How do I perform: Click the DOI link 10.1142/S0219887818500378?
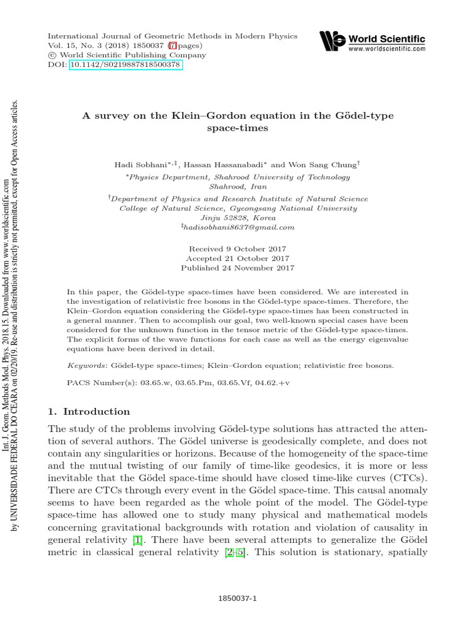point(126,64)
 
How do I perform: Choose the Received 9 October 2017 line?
point(237,249)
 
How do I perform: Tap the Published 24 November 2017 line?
point(237,268)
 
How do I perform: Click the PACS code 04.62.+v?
point(293,382)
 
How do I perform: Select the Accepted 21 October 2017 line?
point(237,259)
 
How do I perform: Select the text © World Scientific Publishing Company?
point(113,55)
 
